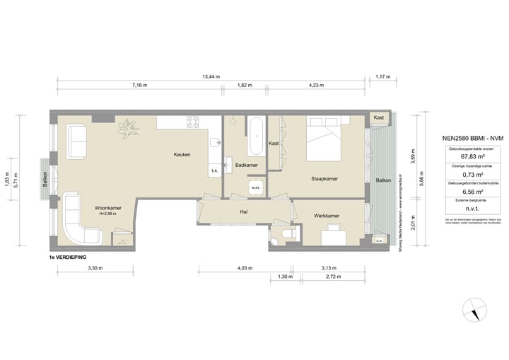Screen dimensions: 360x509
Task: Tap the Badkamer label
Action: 246,165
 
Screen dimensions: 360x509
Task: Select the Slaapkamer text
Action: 324,179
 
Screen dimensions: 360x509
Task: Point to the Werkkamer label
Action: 327,215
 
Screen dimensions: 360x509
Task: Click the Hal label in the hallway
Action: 243,211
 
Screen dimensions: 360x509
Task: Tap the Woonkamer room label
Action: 107,208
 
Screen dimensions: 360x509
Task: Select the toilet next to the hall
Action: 286,234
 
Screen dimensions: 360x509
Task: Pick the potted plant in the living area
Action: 129,127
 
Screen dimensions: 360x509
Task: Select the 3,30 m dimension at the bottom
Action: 95,268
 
